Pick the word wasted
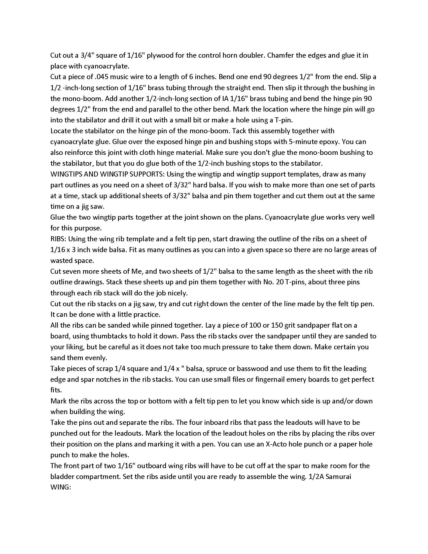(62, 261)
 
